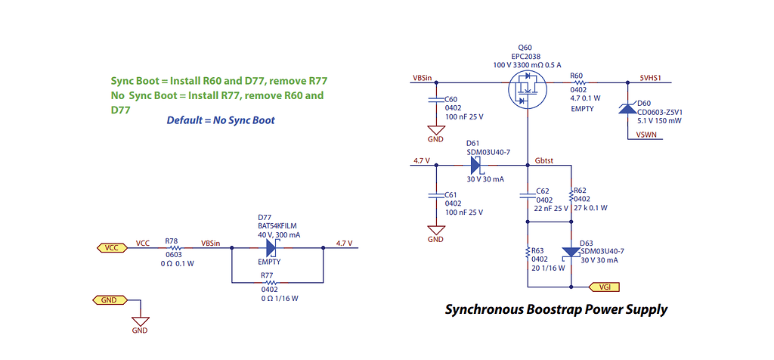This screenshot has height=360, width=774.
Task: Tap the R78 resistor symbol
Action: pos(175,248)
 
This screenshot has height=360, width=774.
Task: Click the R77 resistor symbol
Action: pos(267,282)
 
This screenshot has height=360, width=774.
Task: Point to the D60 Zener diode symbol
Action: pos(627,107)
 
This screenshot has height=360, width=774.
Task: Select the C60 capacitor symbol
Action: pos(435,99)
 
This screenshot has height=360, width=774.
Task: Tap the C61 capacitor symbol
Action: pos(435,194)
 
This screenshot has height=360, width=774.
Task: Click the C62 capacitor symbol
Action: pos(528,194)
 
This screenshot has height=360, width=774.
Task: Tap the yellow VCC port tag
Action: pos(111,248)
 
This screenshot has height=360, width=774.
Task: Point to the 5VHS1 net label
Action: pos(651,78)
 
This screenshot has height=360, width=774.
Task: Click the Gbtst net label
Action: pos(544,160)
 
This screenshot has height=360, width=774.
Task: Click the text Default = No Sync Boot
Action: pos(221,120)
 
